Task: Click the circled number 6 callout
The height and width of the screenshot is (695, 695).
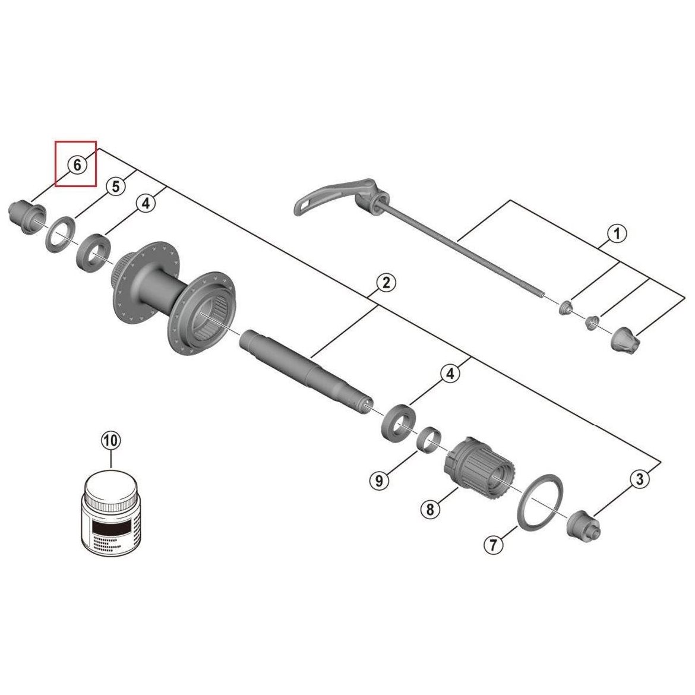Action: (x=77, y=165)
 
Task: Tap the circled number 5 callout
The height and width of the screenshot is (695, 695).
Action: (x=115, y=186)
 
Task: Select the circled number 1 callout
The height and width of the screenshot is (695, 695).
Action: (x=617, y=233)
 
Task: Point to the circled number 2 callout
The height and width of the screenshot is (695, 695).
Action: (x=386, y=282)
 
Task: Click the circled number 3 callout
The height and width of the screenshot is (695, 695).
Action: (x=640, y=479)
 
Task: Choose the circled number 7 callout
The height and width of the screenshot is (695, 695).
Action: (x=494, y=544)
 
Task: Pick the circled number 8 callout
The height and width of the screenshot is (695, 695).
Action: (x=430, y=509)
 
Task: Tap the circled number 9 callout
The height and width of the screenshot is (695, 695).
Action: (x=379, y=480)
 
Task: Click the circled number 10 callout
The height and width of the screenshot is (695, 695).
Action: (x=111, y=441)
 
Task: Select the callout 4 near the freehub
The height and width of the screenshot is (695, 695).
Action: (x=450, y=374)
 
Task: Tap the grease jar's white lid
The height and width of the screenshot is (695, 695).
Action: (x=111, y=487)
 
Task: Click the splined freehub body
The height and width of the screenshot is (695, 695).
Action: (x=480, y=470)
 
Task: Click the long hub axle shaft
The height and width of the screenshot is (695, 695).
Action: (x=306, y=372)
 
